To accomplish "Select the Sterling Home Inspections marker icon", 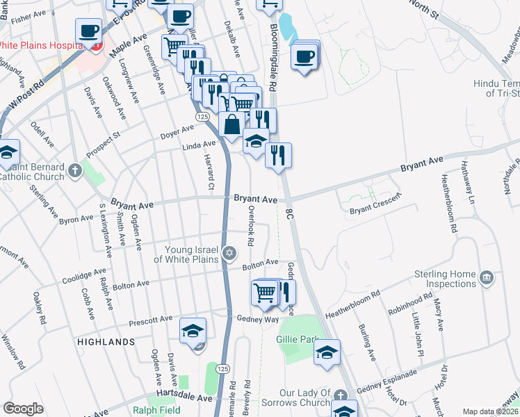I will click(487, 278).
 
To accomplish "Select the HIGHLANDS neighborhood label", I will click(106, 342).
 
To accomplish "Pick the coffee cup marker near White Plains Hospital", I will click(89, 31).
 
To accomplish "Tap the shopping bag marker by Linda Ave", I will click(231, 125).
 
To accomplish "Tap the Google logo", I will click(22, 409).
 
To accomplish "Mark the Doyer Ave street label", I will click(177, 131).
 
